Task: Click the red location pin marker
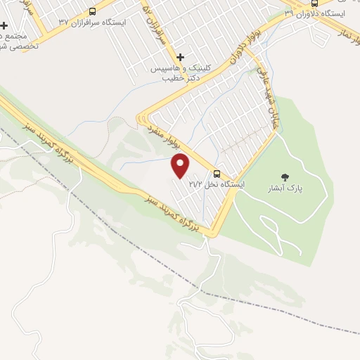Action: pyautogui.click(x=181, y=166)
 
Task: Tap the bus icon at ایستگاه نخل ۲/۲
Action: pyautogui.click(x=217, y=174)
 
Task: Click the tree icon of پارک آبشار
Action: pyautogui.click(x=285, y=176)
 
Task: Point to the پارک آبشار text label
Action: pyautogui.click(x=284, y=188)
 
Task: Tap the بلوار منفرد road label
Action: pyautogui.click(x=167, y=136)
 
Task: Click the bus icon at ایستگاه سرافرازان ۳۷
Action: pyautogui.click(x=93, y=11)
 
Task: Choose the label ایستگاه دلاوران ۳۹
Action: pyautogui.click(x=310, y=13)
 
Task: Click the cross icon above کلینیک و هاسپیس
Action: pyautogui.click(x=181, y=57)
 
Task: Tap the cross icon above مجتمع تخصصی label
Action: pyautogui.click(x=4, y=25)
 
